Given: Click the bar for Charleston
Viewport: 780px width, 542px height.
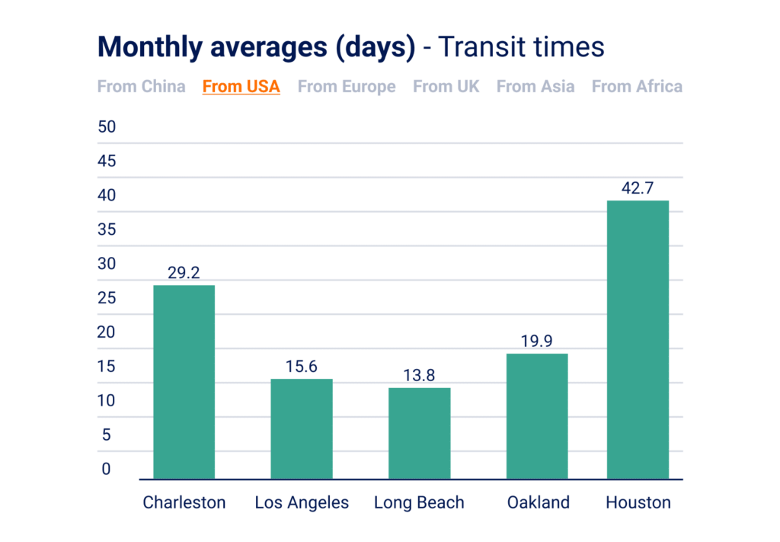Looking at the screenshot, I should [184, 382].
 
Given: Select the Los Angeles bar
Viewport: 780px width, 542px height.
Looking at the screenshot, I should [302, 428].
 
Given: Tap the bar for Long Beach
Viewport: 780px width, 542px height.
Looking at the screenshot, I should [419, 433].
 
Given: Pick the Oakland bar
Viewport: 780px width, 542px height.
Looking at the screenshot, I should [537, 415].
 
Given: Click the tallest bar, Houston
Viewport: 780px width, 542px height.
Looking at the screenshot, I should [638, 339].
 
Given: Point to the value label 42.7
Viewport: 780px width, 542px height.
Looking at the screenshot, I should [638, 188].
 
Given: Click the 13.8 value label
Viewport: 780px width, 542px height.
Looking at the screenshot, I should [419, 375].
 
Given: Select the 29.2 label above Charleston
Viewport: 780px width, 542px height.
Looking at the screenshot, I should [184, 272].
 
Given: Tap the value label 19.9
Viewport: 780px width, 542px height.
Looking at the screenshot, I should [537, 341].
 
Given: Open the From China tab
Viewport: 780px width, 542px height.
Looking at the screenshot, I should [141, 86].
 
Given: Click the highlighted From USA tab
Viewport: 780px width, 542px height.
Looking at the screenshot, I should [241, 86].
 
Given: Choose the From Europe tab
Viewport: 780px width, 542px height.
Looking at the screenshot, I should [347, 86].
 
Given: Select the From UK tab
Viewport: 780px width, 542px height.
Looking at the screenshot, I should [446, 86].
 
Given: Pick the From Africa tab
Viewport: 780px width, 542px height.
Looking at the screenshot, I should [637, 86].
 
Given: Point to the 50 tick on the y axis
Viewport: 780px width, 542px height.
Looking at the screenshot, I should [107, 127].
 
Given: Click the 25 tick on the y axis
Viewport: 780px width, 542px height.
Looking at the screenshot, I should [107, 298].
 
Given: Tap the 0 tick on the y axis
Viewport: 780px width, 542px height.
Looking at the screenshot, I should [107, 470].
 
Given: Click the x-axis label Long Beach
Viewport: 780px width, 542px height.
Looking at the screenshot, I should [419, 503].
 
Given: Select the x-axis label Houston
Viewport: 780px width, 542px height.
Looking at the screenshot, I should [638, 503].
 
